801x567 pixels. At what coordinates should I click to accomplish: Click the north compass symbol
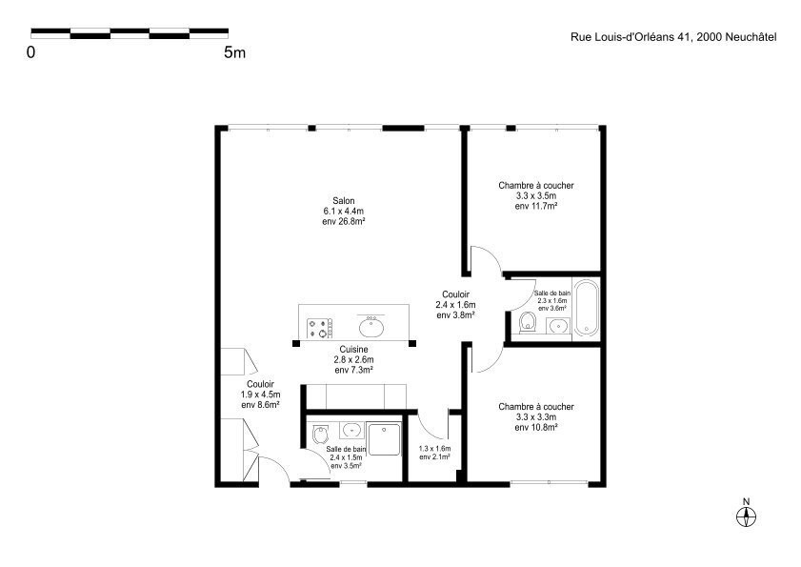click(x=746, y=516)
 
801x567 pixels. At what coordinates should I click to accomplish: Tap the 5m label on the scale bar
click(x=234, y=52)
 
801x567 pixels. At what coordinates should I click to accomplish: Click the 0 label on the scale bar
click(x=31, y=52)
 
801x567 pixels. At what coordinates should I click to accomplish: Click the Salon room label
click(x=343, y=201)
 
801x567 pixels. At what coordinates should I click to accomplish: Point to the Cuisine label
click(x=353, y=350)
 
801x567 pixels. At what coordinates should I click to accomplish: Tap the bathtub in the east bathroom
click(x=586, y=308)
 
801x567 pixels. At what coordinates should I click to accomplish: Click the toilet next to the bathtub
click(x=528, y=322)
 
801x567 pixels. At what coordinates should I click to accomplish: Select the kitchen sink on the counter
click(x=371, y=326)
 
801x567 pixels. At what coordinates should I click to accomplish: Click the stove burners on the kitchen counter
click(x=320, y=328)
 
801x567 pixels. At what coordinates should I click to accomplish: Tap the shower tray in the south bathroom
click(x=385, y=439)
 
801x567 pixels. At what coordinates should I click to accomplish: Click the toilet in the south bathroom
click(x=321, y=435)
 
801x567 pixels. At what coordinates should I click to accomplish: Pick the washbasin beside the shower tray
click(x=352, y=430)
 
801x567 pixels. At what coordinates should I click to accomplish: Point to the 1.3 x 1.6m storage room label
click(x=434, y=449)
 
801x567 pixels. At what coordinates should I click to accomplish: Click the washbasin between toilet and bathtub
click(x=558, y=326)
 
